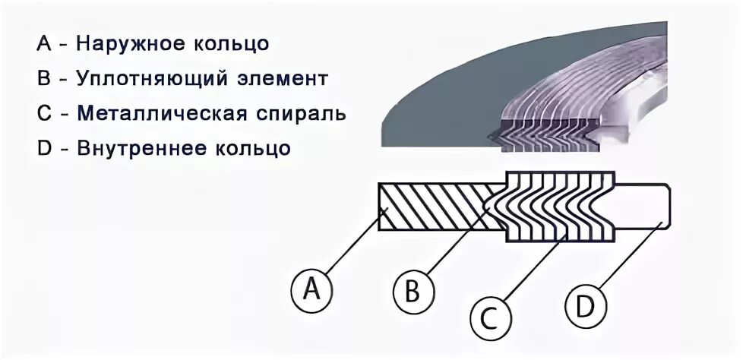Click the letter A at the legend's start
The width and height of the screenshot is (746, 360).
click(x=43, y=43)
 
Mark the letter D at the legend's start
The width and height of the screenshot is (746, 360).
click(x=43, y=147)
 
